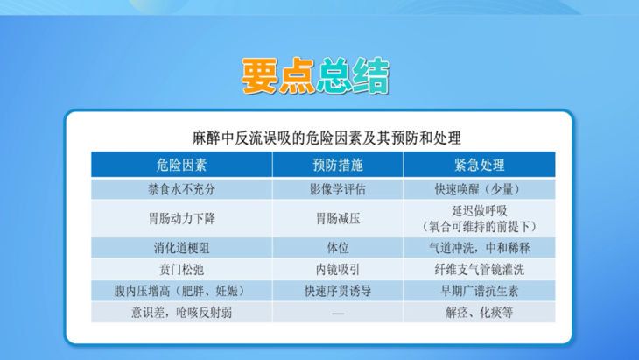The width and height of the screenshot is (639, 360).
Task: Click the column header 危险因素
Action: (181, 165)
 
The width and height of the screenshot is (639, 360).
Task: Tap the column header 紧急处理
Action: (478, 165)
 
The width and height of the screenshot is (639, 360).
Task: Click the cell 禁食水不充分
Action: (181, 188)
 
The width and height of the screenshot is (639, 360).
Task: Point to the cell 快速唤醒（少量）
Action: (478, 188)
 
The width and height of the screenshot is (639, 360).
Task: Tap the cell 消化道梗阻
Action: (181, 246)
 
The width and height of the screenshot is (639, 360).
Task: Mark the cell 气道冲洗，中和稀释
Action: (478, 246)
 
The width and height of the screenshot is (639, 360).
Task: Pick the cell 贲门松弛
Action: (181, 268)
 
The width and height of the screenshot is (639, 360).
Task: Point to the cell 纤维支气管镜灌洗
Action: (478, 268)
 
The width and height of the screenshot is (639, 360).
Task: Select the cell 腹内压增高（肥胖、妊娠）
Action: (181, 290)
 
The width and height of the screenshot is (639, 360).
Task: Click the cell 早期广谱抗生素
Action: (478, 290)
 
